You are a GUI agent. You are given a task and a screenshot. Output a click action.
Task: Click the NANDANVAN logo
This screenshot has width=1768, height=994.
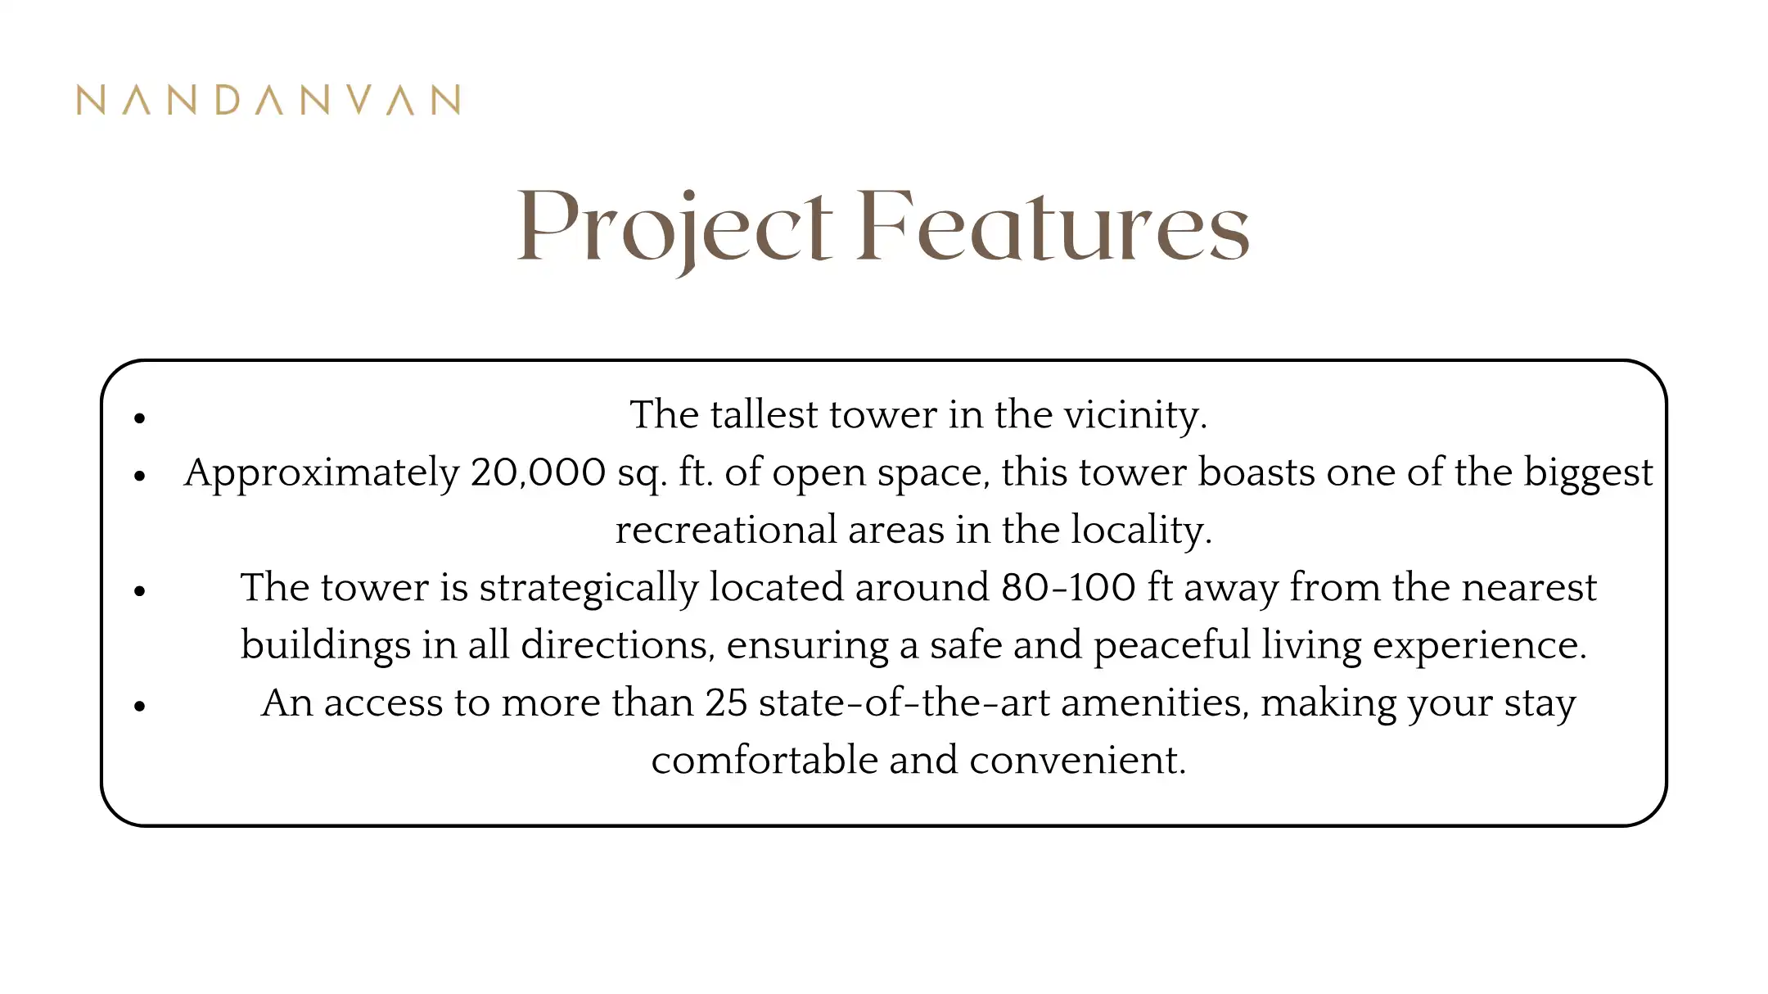(x=268, y=100)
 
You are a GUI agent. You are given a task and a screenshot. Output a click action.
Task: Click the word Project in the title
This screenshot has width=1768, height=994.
(x=675, y=228)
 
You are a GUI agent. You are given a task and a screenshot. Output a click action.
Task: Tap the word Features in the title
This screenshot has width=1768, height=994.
(x=1053, y=225)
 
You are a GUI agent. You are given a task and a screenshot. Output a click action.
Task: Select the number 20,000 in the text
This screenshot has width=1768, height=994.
(x=538, y=472)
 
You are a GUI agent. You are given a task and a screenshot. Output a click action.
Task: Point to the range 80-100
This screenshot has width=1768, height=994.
(x=1068, y=587)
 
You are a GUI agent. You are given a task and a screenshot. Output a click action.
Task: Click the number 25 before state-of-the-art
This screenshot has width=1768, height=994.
(x=726, y=703)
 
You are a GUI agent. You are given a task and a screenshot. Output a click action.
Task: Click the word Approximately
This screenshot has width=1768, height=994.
(x=322, y=473)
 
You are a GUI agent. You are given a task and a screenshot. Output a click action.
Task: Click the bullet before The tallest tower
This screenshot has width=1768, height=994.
(x=140, y=418)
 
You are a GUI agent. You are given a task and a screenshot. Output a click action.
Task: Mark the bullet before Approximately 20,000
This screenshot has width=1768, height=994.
(x=140, y=476)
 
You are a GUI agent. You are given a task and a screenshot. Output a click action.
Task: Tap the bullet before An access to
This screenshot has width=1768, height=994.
(x=140, y=706)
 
